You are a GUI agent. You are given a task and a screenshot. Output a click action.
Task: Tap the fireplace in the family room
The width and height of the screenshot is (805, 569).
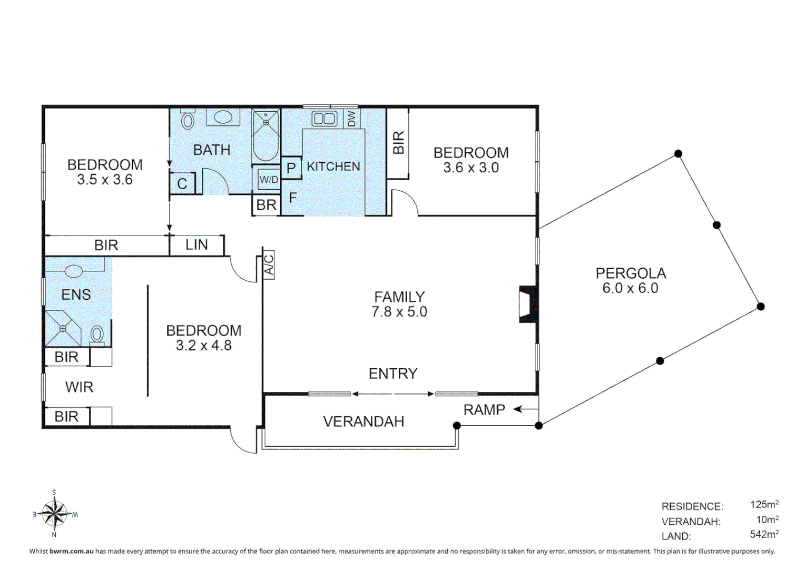pos(527,304)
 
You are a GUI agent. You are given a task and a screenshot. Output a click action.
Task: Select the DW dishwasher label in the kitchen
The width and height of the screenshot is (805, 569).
pos(351,119)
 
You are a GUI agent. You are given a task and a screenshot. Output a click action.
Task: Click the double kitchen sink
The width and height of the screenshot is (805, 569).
pos(324,119)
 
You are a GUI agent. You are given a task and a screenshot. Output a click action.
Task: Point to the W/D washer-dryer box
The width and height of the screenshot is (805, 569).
pos(269,179)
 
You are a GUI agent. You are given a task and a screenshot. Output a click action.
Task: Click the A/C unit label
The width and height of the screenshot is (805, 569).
pos(269,264)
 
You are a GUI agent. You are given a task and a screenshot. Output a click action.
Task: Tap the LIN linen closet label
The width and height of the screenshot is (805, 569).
pos(197,245)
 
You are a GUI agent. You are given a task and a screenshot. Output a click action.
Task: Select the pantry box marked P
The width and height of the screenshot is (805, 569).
pos(291,168)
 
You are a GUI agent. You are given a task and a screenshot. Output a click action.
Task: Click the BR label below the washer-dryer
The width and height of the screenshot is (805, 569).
pos(266,205)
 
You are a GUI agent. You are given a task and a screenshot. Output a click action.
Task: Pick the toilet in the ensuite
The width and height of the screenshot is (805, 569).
pos(96,335)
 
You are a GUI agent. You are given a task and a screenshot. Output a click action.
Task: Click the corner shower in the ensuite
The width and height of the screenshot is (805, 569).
pos(63,328)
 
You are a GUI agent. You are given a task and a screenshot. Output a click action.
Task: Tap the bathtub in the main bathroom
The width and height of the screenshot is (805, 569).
pos(266,135)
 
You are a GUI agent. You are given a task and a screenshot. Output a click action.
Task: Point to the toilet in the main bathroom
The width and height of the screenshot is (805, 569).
pos(187,119)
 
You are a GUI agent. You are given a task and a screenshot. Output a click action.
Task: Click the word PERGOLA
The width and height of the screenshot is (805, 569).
pos(631,273)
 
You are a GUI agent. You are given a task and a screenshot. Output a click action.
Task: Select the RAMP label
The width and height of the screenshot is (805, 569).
pos(484,410)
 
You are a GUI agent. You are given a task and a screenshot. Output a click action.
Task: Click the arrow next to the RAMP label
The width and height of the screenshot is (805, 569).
pos(525,409)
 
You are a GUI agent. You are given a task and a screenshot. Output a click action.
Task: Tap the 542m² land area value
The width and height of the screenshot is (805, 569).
pos(764,534)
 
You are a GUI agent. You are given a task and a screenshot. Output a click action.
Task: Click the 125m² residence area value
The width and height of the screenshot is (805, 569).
pos(764,504)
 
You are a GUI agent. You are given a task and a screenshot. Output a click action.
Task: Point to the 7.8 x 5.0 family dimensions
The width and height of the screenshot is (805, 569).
pos(399,312)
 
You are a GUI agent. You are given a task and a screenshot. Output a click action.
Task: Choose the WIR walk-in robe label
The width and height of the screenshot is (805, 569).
pos(79,387)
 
